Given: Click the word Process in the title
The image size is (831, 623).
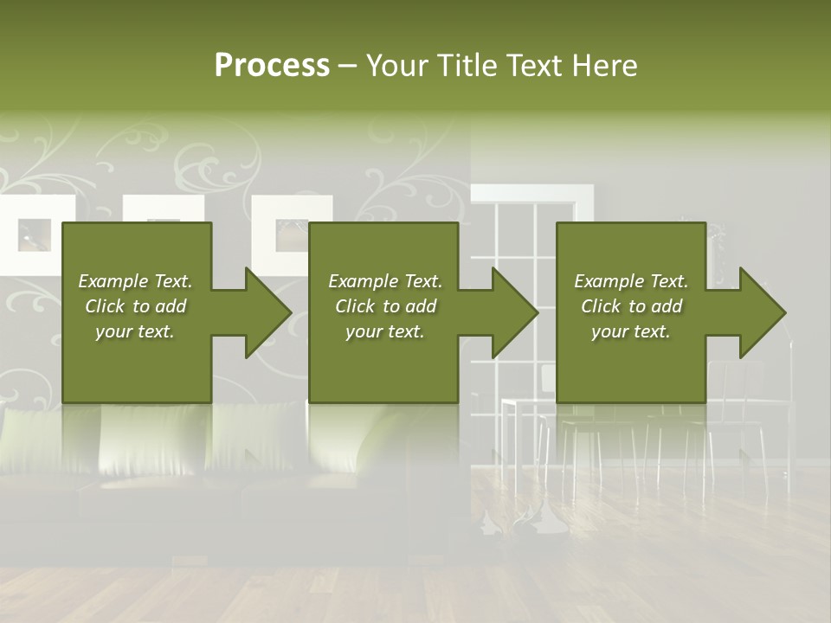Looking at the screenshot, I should (272, 66).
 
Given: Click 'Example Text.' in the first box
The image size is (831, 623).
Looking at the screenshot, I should (135, 281).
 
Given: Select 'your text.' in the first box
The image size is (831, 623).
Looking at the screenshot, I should (135, 331).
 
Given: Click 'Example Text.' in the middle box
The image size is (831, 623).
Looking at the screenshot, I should (385, 281).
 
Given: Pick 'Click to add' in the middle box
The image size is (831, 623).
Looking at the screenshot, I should (385, 306).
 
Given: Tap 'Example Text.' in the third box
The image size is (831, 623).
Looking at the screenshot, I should (631, 281).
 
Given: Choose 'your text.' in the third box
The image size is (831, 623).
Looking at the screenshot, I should (631, 331).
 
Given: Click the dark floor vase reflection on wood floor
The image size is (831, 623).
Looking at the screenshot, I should (519, 519).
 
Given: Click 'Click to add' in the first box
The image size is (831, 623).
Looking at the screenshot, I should (135, 306).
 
